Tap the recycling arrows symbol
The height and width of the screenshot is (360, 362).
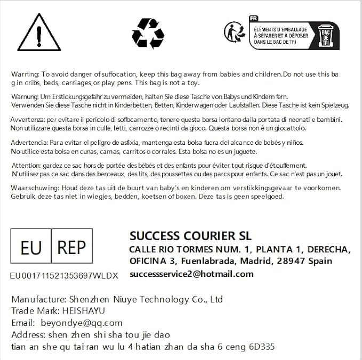[148, 33]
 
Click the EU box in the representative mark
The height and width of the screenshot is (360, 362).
[31, 248]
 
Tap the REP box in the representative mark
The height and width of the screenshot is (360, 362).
[71, 248]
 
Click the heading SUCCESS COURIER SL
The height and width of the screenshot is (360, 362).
[190, 236]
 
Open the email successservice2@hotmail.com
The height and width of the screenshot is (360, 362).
[191, 274]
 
